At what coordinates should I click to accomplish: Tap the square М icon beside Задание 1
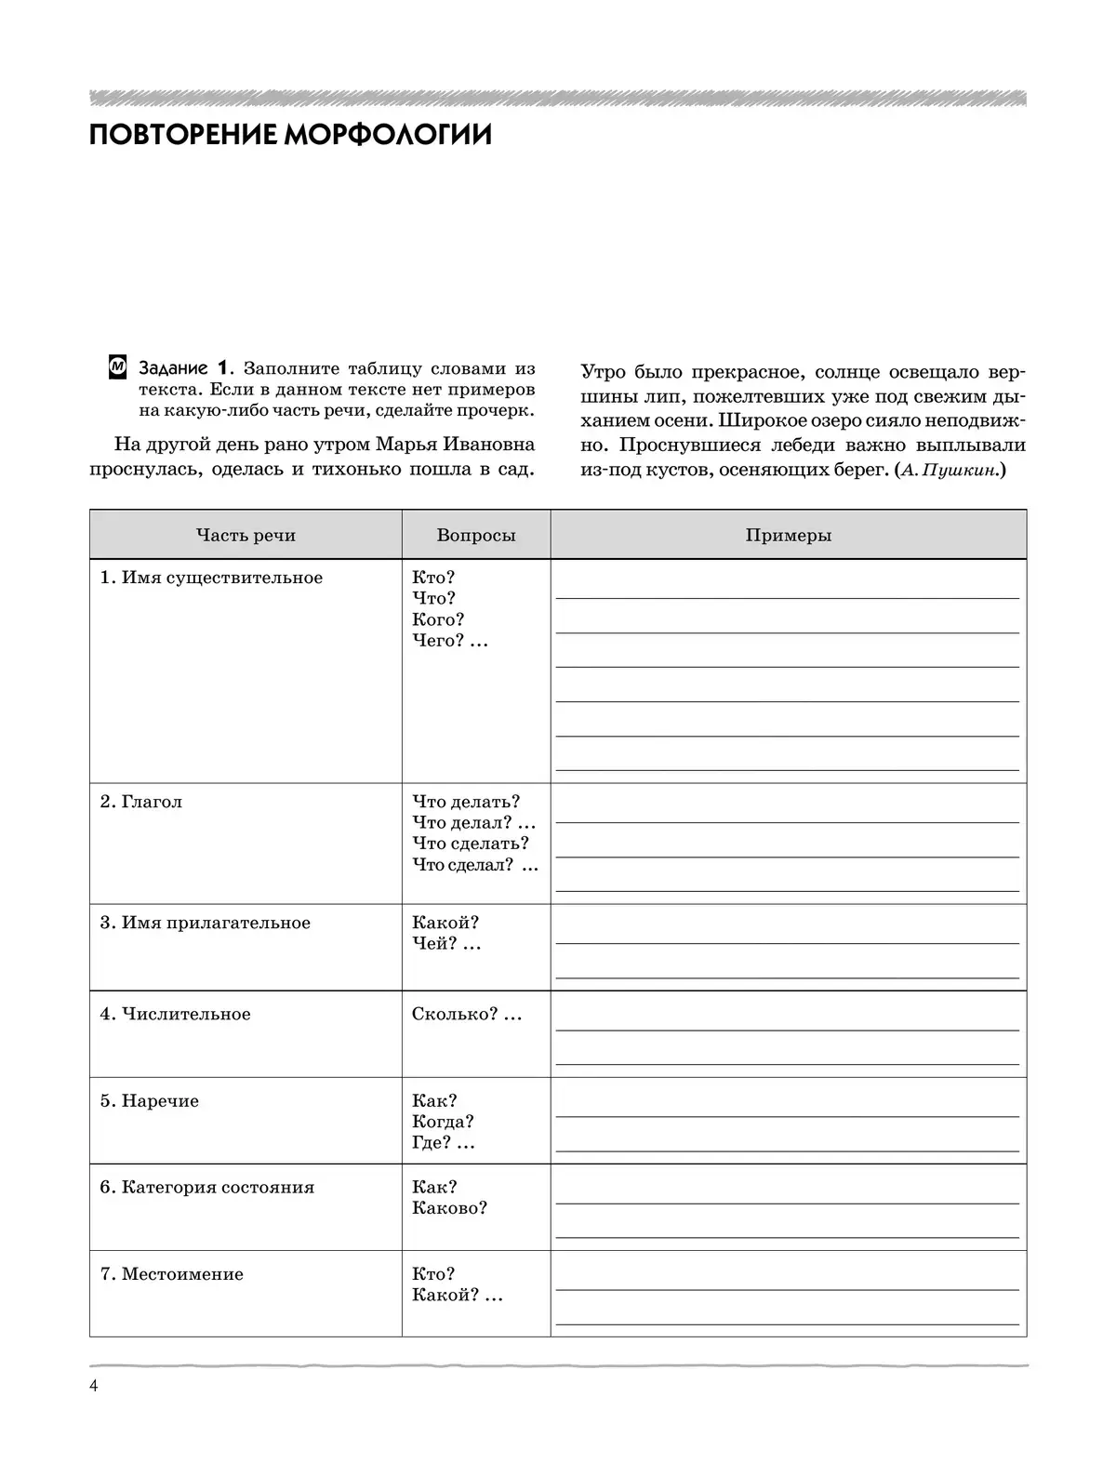pyautogui.click(x=117, y=367)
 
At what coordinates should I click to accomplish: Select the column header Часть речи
pyautogui.click(x=246, y=535)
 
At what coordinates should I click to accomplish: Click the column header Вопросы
pyautogui.click(x=475, y=535)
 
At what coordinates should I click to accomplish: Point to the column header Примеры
pyautogui.click(x=788, y=535)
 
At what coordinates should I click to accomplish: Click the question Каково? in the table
pyautogui.click(x=449, y=1208)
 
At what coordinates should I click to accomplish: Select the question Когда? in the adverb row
pyautogui.click(x=443, y=1122)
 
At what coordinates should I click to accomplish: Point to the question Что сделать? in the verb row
pyautogui.click(x=470, y=844)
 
